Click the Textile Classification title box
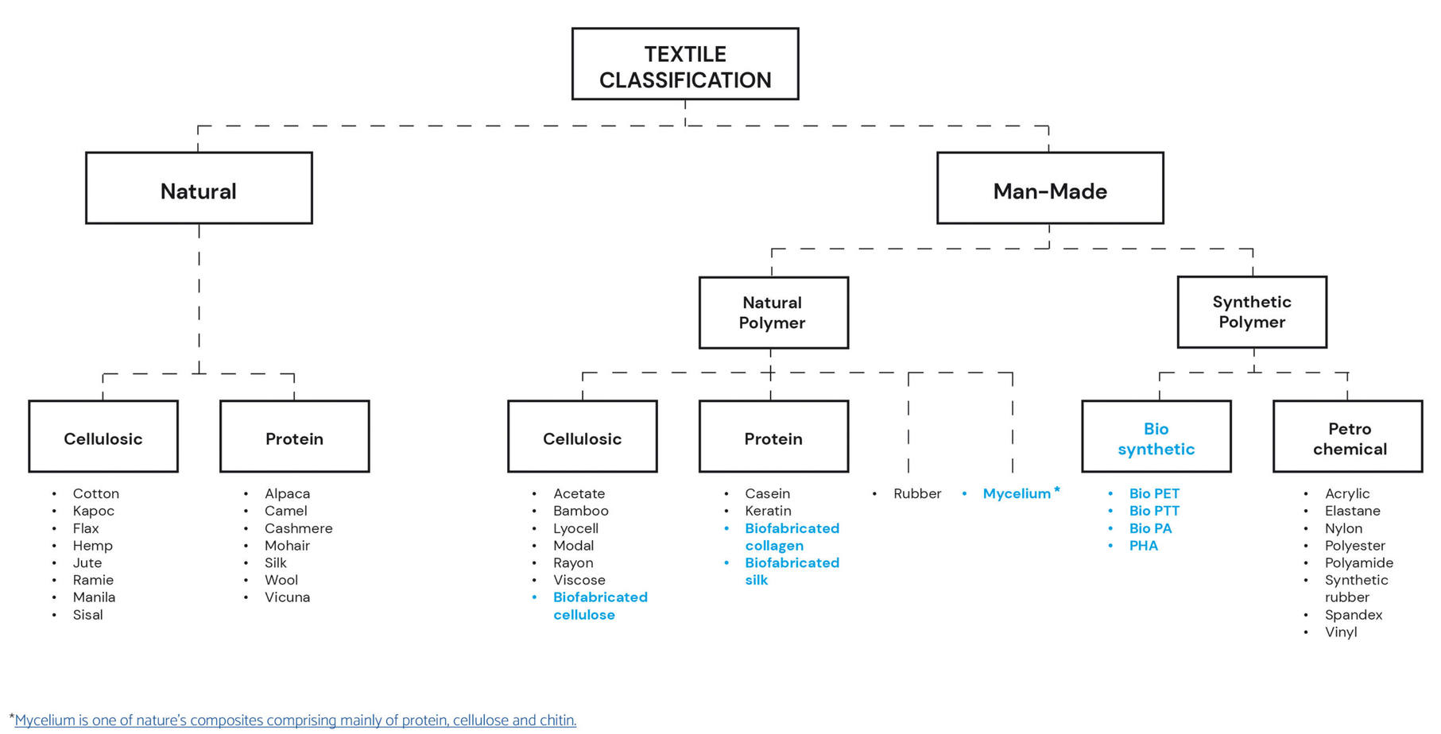pyautogui.click(x=684, y=64)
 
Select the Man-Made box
pyautogui.click(x=1049, y=188)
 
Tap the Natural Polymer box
pyautogui.click(x=773, y=312)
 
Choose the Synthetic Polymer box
pyautogui.click(x=1251, y=311)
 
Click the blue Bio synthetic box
pyautogui.click(x=1156, y=437)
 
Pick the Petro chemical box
pyautogui.click(x=1348, y=437)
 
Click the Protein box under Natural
pyautogui.click(x=294, y=437)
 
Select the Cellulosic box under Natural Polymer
pyautogui.click(x=582, y=437)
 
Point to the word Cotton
pyautogui.click(x=95, y=493)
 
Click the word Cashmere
pyautogui.click(x=298, y=528)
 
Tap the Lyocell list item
pyautogui.click(x=575, y=528)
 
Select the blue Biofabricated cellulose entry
pyautogui.click(x=599, y=605)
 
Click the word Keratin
pyautogui.click(x=767, y=511)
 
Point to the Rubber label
pyautogui.click(x=916, y=493)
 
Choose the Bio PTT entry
pyautogui.click(x=1153, y=511)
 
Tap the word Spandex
pyautogui.click(x=1353, y=615)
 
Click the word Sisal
pyautogui.click(x=87, y=615)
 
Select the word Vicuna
pyautogui.click(x=287, y=597)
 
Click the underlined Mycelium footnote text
pyautogui.click(x=295, y=720)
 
